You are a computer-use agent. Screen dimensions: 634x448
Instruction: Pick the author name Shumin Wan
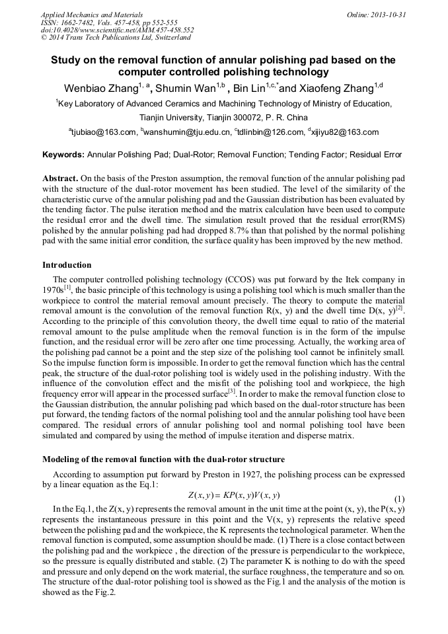pyautogui.click(x=188, y=89)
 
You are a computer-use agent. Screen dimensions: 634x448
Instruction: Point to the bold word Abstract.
pyautogui.click(x=60, y=178)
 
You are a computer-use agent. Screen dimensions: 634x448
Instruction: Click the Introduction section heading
pyautogui.click(x=67, y=265)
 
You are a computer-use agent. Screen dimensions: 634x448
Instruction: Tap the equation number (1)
pyautogui.click(x=399, y=498)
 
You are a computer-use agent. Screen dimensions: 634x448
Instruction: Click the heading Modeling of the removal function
pyautogui.click(x=163, y=459)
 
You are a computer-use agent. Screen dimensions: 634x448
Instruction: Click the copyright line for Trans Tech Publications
pyautogui.click(x=116, y=38)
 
